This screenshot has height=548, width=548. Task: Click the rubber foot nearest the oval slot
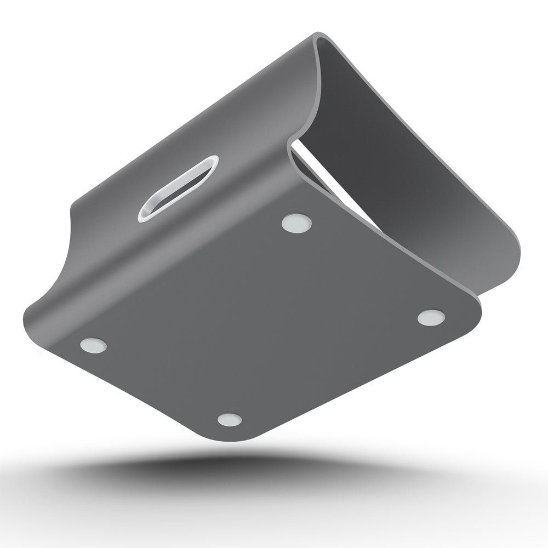[296, 222]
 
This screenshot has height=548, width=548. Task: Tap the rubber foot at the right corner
[431, 317]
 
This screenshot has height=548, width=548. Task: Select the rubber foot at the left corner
[93, 345]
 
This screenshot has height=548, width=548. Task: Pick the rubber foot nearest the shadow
[230, 420]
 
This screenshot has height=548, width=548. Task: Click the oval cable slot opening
[178, 188]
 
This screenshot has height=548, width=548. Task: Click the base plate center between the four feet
[263, 323]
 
